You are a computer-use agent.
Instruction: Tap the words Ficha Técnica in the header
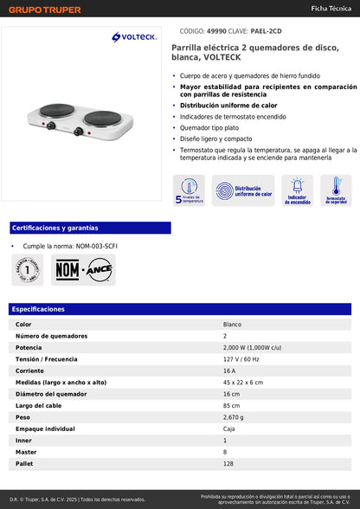[x=331, y=8]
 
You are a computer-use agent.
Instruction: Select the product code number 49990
[x=215, y=29]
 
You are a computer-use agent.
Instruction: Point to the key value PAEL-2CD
[x=264, y=29]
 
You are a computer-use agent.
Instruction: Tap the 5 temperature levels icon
[x=189, y=190]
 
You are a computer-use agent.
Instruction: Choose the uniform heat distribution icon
[x=243, y=190]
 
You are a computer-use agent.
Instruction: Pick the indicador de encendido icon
[x=297, y=190]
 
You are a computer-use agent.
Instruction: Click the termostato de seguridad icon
[x=336, y=190]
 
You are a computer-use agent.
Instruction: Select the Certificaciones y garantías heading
[x=55, y=228]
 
